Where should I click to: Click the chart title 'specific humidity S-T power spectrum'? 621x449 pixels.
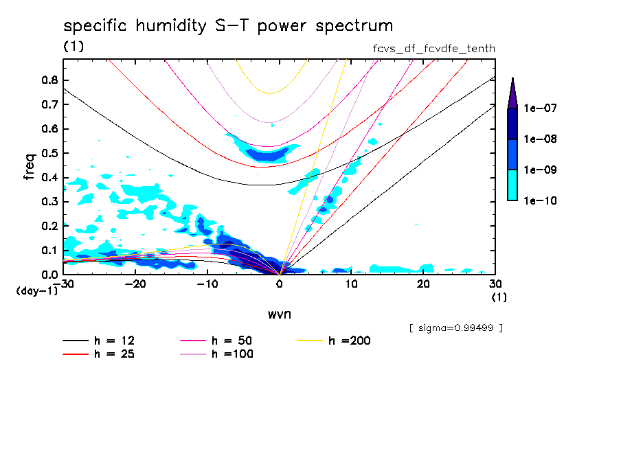click(228, 26)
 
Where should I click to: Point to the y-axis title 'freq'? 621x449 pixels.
click(30, 167)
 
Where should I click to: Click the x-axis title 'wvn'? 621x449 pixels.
click(280, 314)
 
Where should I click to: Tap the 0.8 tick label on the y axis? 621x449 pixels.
click(49, 80)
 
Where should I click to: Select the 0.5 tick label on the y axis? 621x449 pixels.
click(49, 153)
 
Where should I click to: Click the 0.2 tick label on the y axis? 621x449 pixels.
click(49, 226)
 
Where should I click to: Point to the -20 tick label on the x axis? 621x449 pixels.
click(135, 284)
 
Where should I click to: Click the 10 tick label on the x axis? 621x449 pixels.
click(352, 284)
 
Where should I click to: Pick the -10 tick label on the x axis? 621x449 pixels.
click(207, 284)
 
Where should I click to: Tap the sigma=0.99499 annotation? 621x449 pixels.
click(455, 328)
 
